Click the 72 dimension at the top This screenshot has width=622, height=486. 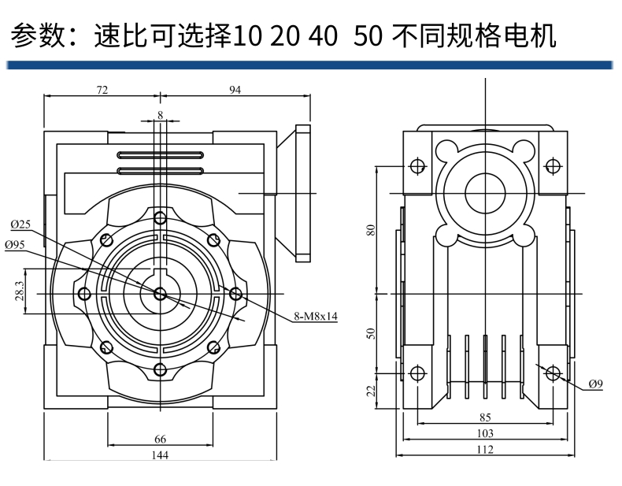click(102, 90)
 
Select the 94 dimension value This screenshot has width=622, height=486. click(235, 90)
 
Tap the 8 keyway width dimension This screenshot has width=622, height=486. click(161, 116)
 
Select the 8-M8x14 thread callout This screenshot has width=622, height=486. click(315, 316)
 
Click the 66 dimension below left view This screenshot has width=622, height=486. click(160, 438)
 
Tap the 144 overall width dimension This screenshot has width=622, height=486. click(160, 454)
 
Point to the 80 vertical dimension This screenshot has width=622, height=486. click(371, 229)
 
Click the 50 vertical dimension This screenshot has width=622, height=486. click(371, 332)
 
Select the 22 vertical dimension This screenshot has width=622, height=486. click(371, 390)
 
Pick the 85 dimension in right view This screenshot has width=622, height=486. click(485, 417)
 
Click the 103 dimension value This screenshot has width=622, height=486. click(485, 433)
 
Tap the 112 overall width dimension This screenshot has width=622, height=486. click(485, 450)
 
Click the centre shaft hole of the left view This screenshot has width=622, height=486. click(161, 294)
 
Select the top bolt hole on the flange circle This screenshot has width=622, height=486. click(161, 218)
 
